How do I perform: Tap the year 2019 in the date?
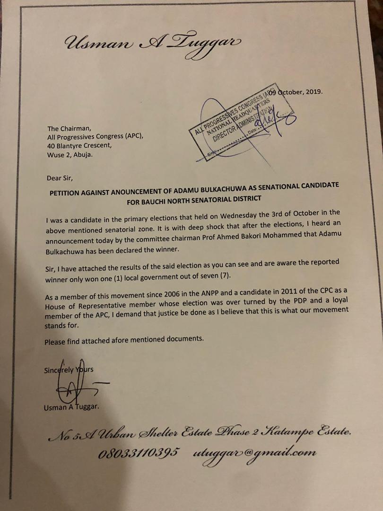click(313, 92)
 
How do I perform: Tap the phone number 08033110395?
click(139, 453)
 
